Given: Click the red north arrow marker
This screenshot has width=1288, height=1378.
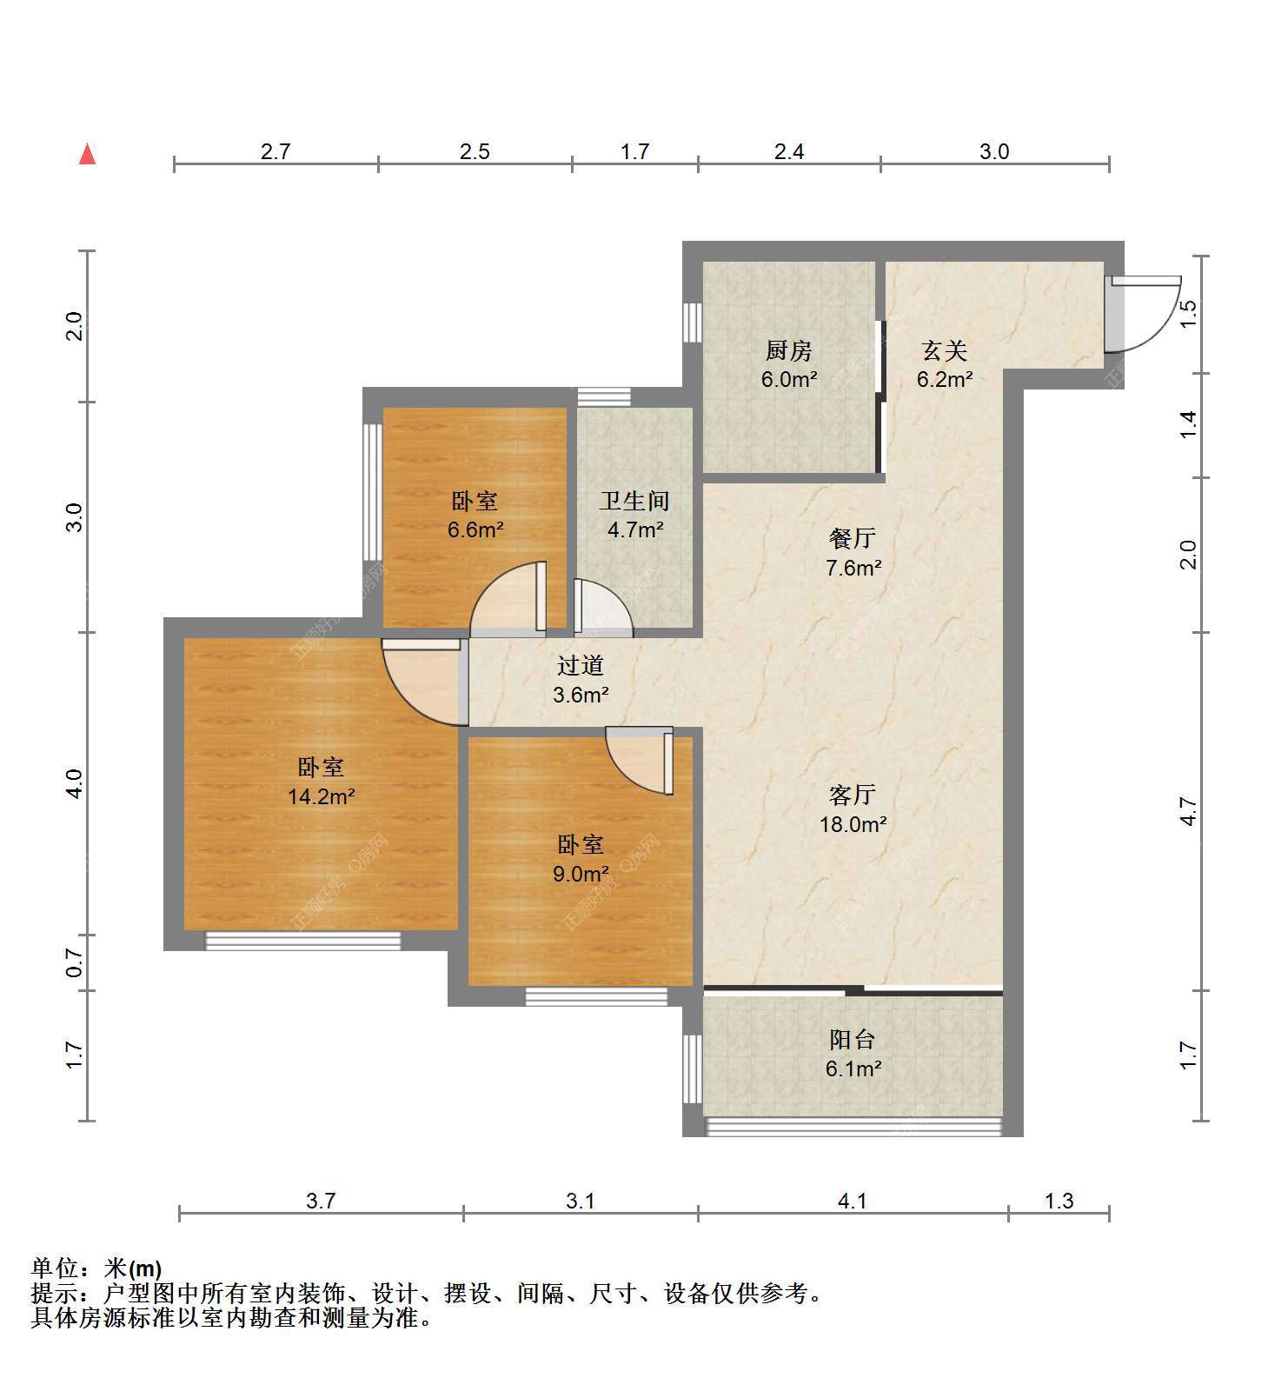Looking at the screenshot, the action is tap(87, 154).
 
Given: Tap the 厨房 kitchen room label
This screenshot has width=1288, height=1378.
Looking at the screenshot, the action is tap(789, 351).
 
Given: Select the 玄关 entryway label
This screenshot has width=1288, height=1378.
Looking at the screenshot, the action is tap(945, 351).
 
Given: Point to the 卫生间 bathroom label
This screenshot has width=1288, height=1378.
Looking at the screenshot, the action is tap(635, 501).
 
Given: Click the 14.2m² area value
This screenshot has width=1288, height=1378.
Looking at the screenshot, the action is tap(322, 796).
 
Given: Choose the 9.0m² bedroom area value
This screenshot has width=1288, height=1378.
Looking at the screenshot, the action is tap(581, 873).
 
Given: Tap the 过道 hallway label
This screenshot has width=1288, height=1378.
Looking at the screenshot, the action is tap(581, 666).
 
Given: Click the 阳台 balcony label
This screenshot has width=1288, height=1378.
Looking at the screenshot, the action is tap(853, 1039).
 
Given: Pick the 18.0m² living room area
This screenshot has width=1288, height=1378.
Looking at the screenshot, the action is tap(853, 824).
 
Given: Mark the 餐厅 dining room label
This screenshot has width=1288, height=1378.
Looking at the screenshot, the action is tap(853, 538).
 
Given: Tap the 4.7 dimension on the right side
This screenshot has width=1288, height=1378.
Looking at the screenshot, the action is tap(1188, 812).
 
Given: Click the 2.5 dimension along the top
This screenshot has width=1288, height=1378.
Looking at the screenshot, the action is tap(475, 151).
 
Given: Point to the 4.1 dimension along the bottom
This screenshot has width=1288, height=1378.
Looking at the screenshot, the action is tap(853, 1201).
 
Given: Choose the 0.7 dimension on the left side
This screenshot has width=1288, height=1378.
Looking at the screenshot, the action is tap(75, 962).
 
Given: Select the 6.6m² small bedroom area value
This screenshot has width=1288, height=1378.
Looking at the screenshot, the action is tap(476, 529).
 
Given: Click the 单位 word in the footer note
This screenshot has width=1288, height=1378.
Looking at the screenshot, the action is tap(59, 1268).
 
